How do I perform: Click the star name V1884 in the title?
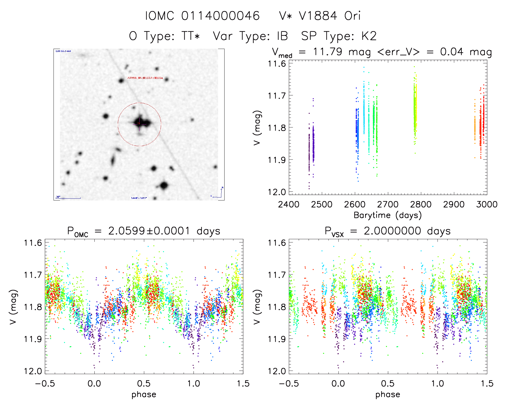point(318,16)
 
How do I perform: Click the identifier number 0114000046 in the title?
point(220,16)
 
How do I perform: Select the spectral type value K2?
point(369,36)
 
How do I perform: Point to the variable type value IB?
point(282,36)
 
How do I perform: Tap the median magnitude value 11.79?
point(327,52)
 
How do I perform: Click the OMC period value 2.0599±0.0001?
point(149,231)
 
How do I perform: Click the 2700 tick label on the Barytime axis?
point(388,204)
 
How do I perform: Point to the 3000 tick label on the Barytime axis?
point(486,204)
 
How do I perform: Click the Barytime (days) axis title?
point(388,215)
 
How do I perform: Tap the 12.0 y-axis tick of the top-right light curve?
point(277,192)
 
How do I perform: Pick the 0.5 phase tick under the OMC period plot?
point(144,383)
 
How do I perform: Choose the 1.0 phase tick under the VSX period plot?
point(438,383)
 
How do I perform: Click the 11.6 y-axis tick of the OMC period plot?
point(33,243)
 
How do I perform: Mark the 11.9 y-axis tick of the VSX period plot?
point(277,339)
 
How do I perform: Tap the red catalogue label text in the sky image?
point(145,78)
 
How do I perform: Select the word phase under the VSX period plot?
point(388,394)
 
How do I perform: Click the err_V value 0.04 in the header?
point(452,52)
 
